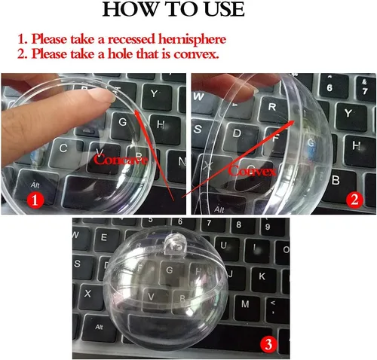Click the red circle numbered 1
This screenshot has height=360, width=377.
pyautogui.click(x=35, y=200)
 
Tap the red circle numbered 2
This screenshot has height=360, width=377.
pyautogui.click(x=354, y=200)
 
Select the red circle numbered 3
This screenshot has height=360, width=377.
pyautogui.click(x=268, y=343)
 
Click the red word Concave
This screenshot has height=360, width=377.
pyautogui.click(x=121, y=160)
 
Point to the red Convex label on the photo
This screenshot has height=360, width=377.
pyautogui.click(x=253, y=171)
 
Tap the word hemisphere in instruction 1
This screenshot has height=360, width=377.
pyautogui.click(x=192, y=39)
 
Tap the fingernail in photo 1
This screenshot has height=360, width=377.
pyautogui.click(x=102, y=96)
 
